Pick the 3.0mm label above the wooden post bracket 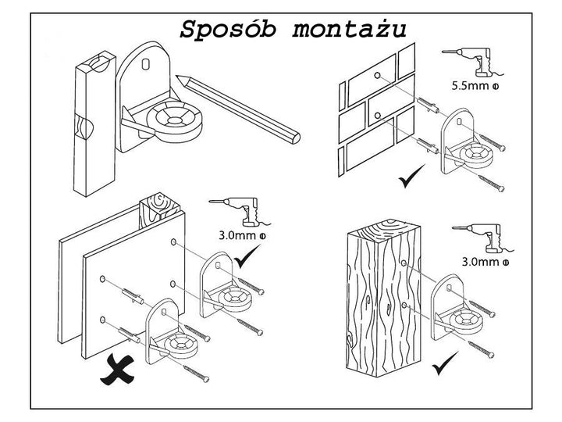479,263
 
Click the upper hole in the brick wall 377,76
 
